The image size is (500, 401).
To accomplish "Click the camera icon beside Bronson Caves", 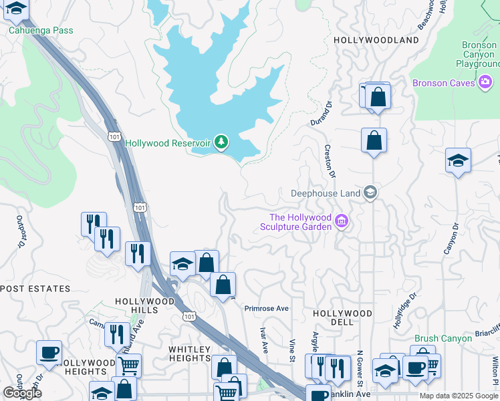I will coord(486,83).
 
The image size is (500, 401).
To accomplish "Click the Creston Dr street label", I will coord(329,160).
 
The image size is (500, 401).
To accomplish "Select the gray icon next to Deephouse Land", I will coord(370,194).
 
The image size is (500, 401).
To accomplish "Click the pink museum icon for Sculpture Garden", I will coord(342,221).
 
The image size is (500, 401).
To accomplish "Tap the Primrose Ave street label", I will coord(266,309).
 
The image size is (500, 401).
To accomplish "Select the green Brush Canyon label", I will coord(443,339).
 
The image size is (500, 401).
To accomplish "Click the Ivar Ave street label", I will coord(264,341).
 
